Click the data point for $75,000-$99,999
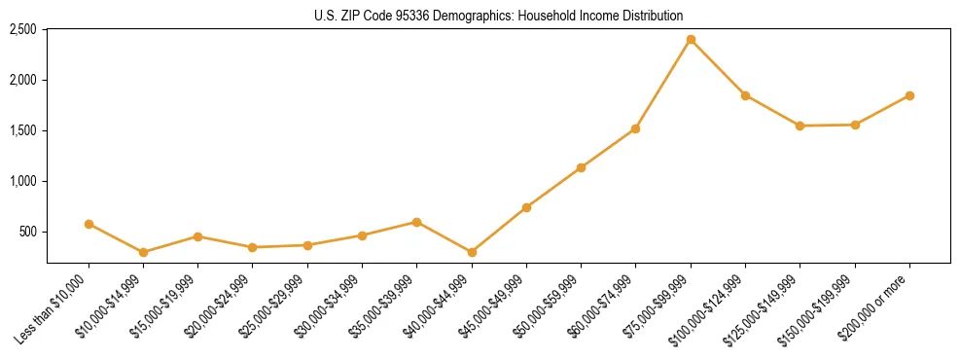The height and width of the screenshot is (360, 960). (691, 40)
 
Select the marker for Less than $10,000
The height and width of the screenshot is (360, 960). (89, 224)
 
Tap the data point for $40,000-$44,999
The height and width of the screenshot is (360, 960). (472, 252)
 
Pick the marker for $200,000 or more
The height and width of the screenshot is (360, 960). (909, 95)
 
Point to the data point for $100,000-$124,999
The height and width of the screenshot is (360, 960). (745, 95)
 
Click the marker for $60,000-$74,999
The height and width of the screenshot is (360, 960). (635, 128)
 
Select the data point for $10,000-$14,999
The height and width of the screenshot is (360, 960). (144, 252)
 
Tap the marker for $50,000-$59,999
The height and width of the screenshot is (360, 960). (581, 167)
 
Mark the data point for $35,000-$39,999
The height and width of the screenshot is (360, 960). (416, 222)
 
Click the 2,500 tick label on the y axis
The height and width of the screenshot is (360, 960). (22, 29)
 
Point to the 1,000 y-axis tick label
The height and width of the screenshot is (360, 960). (22, 181)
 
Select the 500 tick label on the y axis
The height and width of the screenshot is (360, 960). (27, 232)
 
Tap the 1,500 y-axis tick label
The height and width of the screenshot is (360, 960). (22, 130)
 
